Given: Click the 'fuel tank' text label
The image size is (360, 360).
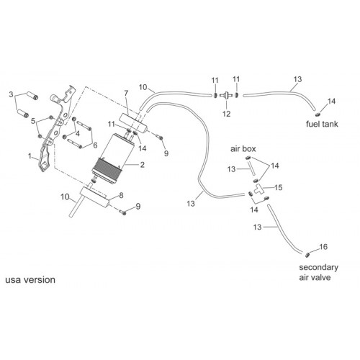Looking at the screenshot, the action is pos(322,124).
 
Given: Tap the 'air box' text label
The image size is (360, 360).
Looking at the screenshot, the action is pos(243,149).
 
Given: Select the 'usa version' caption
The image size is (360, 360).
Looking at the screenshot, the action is pos(30,280).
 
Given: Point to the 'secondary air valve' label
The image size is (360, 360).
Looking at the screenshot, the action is pos(318,272).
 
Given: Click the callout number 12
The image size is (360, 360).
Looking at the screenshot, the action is pos(226,114).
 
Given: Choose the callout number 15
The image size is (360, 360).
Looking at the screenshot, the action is pos(279,187).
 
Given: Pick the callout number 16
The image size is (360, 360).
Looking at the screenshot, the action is pos(323,247).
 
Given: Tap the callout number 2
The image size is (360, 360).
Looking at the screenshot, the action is pos(143,165).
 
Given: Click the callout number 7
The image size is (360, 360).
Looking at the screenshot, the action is pos(126,93).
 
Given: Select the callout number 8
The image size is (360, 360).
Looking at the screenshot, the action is pos(121,195).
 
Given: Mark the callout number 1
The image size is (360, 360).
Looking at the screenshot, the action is pos(30,156).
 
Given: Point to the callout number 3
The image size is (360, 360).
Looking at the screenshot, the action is pos(11,94).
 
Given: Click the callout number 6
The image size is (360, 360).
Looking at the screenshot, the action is pos(95,145).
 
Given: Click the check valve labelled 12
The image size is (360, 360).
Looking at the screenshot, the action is pos(226,95).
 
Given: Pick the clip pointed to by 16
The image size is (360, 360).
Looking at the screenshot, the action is pos(307,255).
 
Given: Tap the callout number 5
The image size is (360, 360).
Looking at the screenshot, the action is pos(33,121).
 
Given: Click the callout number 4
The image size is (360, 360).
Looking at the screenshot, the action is pos(77,133).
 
